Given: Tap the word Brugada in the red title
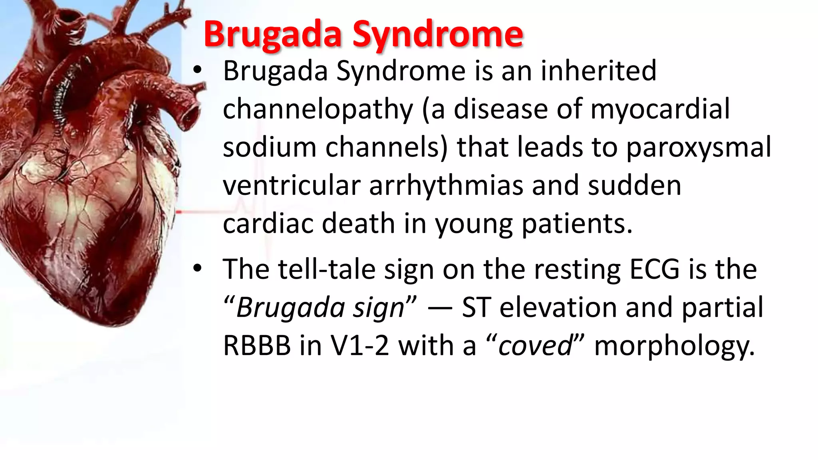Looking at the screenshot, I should point(273,34).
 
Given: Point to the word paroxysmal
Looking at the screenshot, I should point(699,147).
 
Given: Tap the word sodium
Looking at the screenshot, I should point(270,147).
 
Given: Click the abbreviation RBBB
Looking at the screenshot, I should point(257,345).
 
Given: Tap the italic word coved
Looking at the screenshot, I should point(535,345).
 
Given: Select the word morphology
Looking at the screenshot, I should point(675,345).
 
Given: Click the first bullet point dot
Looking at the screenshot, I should point(197,71).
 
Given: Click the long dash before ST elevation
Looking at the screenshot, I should point(439,308).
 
